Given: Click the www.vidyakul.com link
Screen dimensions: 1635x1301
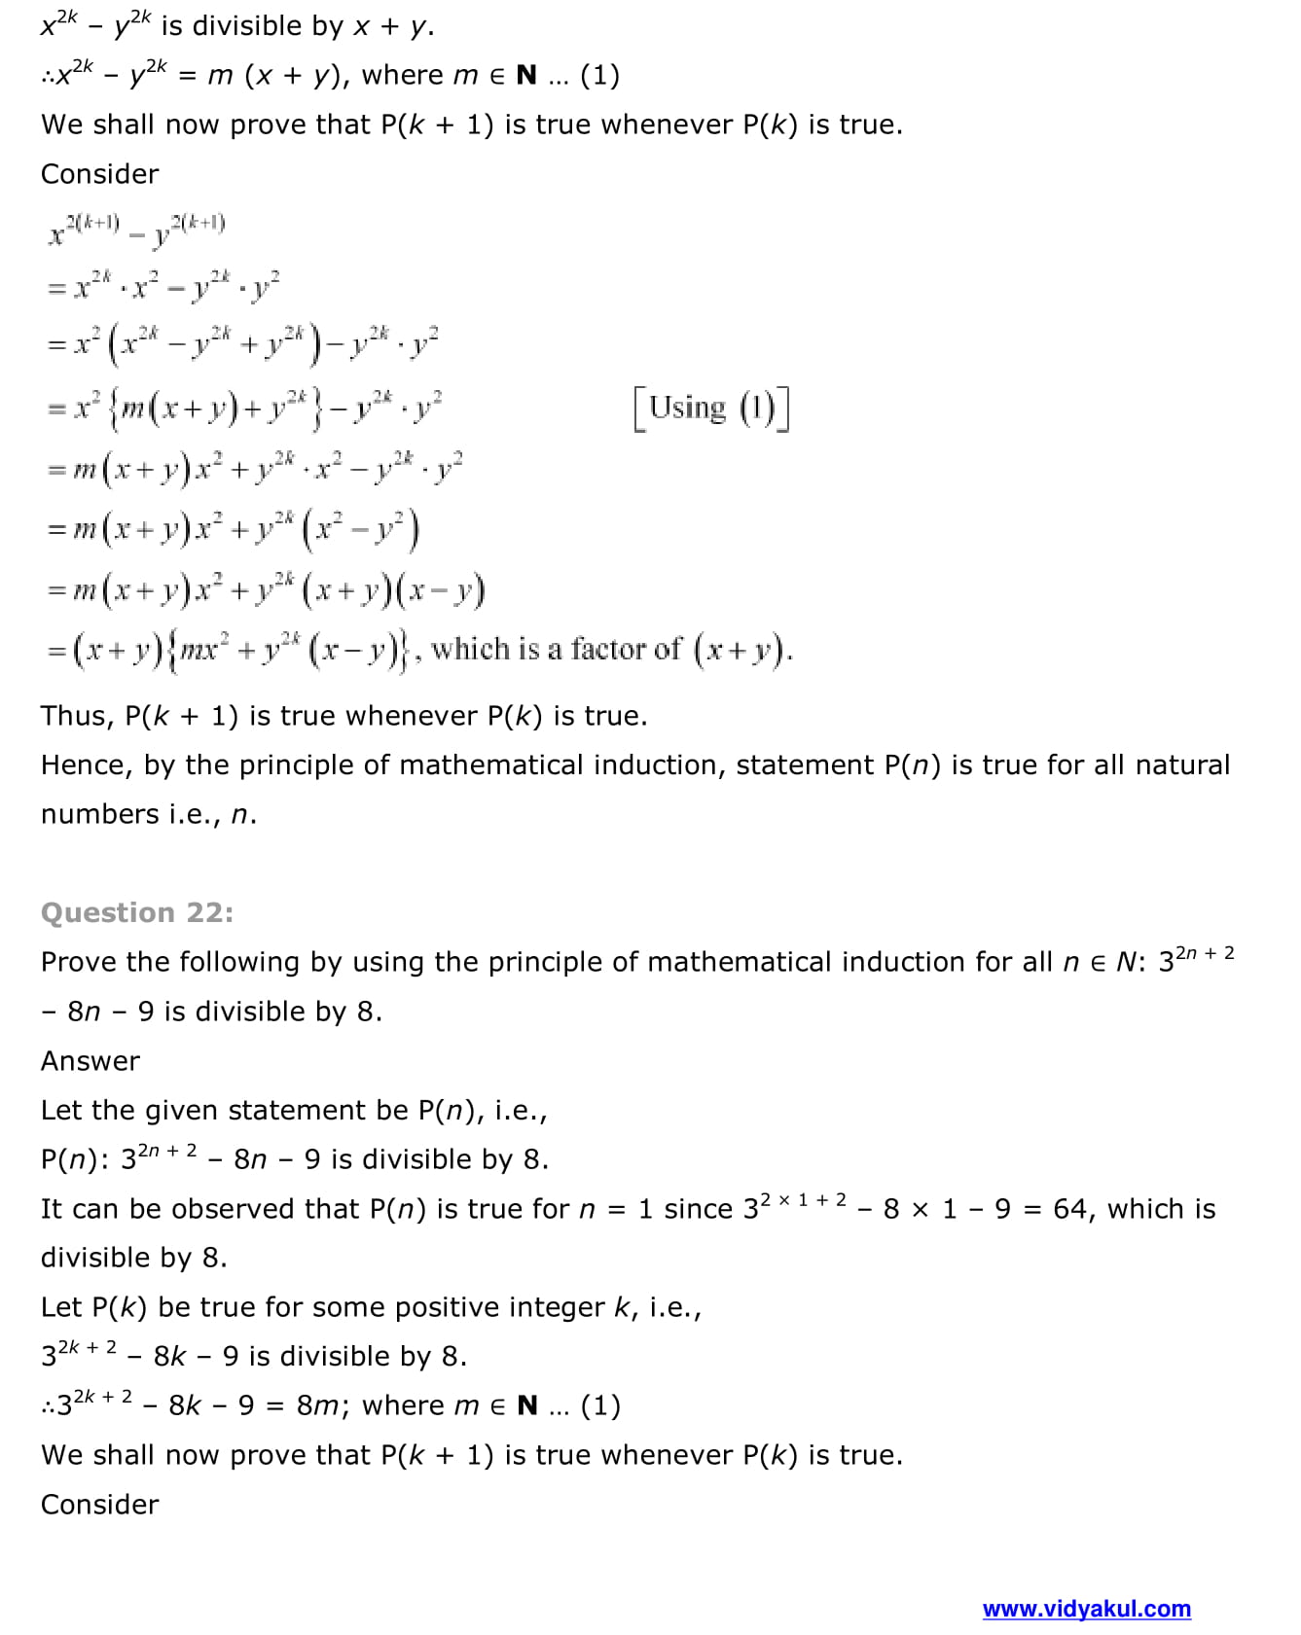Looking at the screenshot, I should point(1086,1609).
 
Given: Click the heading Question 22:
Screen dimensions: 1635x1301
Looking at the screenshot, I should point(137,912).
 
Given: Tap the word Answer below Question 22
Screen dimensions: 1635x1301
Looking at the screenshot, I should point(90,1061).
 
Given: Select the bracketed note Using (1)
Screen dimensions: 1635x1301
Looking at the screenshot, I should point(710,408).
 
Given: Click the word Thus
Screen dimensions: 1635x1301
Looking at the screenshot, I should point(76,716).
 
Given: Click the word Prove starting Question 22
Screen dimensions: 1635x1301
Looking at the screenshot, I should point(79,962).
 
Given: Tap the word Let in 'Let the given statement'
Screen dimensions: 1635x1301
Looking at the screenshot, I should point(61,1111).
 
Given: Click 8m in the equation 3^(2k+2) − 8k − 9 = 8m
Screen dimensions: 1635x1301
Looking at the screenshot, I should point(318,1406).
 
